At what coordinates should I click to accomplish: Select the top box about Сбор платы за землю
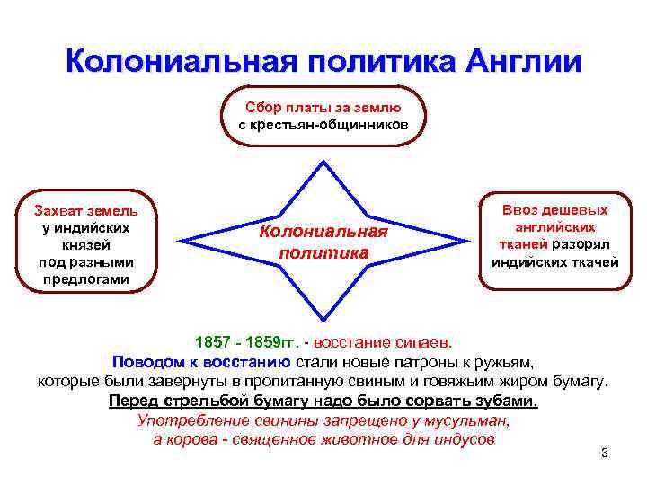323,115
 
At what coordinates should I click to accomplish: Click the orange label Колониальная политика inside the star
323,242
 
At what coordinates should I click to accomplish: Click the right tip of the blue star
472,240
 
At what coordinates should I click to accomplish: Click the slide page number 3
605,453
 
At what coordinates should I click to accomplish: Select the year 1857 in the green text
213,343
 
